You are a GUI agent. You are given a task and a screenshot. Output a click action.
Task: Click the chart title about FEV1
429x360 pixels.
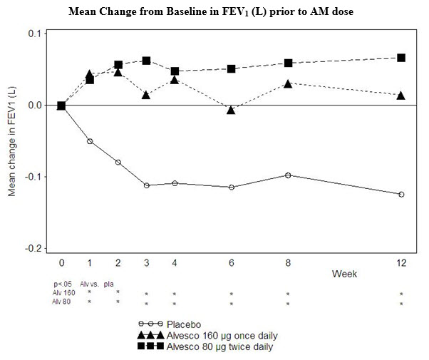214,12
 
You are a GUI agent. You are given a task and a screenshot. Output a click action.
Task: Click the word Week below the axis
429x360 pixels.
344,273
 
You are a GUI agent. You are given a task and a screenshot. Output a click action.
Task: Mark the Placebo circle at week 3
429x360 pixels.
146,185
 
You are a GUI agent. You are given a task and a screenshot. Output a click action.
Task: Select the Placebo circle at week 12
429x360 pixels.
401,194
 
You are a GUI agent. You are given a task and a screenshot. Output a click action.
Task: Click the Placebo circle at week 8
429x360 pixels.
288,175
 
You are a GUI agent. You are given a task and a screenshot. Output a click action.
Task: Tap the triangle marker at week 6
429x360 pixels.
231,110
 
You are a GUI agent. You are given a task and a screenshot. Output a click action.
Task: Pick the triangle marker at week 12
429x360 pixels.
401,96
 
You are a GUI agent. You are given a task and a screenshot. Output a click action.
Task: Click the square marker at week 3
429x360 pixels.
146,61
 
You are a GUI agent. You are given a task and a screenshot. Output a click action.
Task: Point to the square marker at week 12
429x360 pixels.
401,58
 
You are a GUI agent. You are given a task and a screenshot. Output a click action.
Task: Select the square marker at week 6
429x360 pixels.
231,68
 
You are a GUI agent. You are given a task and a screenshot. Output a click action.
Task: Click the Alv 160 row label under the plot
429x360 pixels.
63,293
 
